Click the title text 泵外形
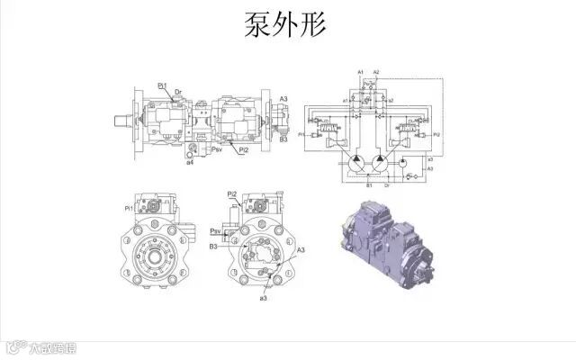tap(286, 26)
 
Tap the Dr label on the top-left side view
tap(178, 92)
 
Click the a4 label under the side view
tap(190, 163)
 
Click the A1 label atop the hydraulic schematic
tap(361, 71)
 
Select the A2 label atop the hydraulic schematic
tap(376, 71)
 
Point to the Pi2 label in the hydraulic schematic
tap(436, 133)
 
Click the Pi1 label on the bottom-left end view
tap(129, 209)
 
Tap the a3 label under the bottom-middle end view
tap(263, 297)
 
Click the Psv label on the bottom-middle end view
tap(216, 230)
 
